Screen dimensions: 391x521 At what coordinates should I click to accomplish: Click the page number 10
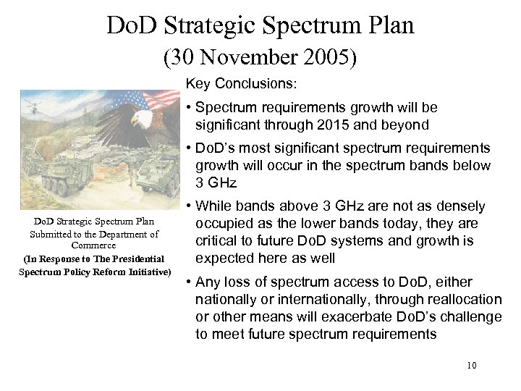471,366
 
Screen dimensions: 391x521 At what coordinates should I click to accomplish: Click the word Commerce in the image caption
95,245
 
